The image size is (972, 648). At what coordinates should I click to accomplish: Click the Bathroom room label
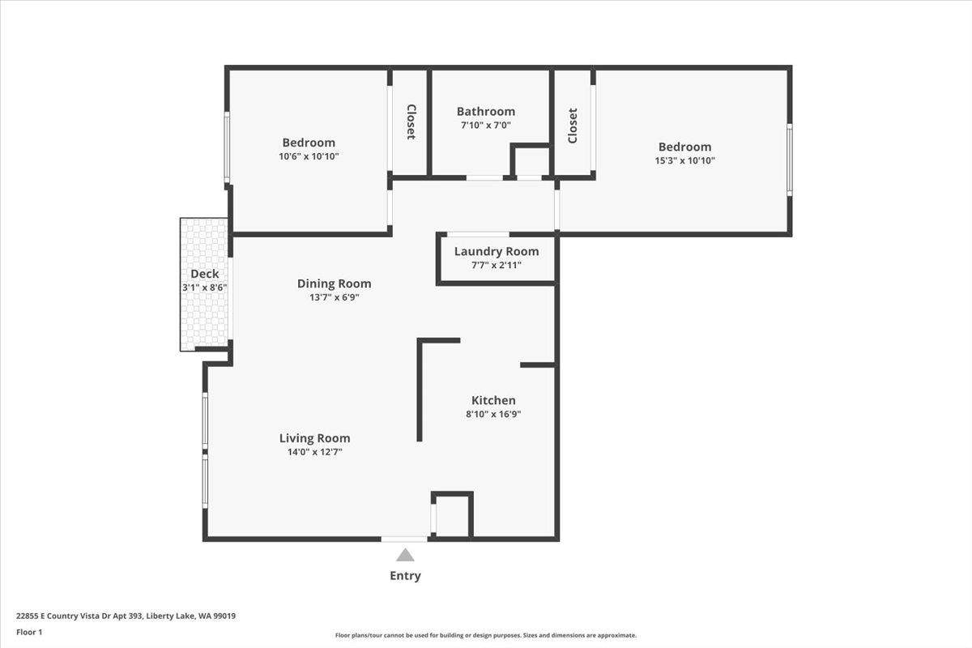485,112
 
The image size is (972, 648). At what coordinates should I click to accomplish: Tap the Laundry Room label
497,251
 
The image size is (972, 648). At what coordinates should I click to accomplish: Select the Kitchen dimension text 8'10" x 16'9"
493,414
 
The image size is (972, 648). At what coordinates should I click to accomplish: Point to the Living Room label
314,438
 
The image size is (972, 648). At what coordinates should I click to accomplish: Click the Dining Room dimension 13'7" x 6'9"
334,297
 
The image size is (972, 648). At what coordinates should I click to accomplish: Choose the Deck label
205,274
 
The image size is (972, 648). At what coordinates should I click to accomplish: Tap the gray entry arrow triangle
405,555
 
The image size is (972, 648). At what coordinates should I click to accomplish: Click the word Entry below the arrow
405,576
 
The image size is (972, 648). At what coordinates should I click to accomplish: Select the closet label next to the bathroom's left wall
411,122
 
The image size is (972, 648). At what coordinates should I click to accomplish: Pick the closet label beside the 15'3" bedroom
573,126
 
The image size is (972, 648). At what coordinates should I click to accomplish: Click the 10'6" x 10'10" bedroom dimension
309,156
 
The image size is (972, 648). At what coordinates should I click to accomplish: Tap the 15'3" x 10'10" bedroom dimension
684,160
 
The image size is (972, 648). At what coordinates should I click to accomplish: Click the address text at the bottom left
126,616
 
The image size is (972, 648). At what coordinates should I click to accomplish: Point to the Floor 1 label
29,632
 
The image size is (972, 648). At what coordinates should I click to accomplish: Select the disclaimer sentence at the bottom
485,635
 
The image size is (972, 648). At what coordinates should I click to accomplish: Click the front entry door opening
404,539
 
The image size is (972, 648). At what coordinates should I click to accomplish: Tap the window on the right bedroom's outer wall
790,160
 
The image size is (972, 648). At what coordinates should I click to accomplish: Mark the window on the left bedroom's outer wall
227,147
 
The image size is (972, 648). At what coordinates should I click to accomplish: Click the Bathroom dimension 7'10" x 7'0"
485,126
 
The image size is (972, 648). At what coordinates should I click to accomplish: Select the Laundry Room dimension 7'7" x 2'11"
497,265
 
